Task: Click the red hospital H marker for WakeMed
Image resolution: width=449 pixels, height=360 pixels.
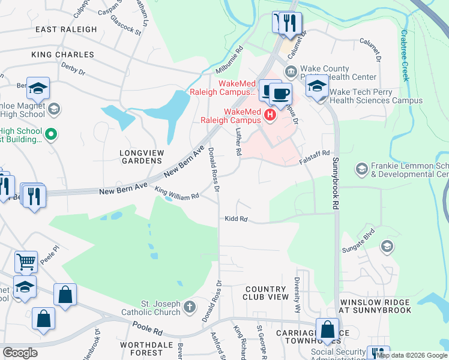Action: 270,115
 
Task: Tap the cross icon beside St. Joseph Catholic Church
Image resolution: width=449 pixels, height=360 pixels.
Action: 190,308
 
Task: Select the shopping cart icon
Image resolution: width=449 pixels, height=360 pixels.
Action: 26,262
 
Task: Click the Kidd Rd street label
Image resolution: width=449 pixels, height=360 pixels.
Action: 236,219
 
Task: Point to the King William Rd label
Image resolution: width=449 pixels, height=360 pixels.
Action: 176,194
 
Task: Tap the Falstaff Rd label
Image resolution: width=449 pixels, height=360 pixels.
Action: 315,157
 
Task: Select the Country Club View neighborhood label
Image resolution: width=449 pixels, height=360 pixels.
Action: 265,293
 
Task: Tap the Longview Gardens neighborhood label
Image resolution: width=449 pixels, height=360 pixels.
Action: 133,157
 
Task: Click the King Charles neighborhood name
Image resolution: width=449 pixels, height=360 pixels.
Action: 63,55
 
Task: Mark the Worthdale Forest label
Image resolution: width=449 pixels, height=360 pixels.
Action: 142,349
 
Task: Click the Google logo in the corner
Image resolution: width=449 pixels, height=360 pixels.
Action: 20,353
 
